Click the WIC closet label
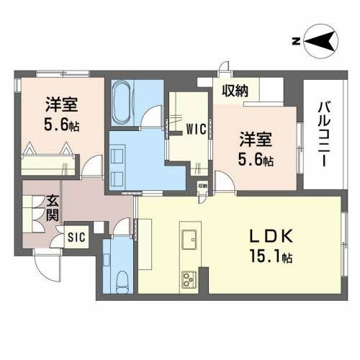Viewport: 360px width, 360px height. tap(197, 130)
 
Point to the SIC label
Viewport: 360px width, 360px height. tap(76, 235)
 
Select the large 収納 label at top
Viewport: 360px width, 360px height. tap(235, 91)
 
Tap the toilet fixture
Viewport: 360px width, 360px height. tap(120, 277)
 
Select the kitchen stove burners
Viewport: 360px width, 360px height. tap(192, 277)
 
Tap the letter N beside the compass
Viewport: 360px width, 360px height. tap(294, 41)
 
